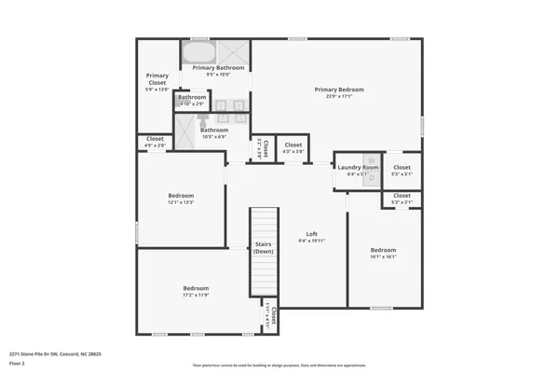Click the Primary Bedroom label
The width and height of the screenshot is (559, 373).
(x=338, y=90)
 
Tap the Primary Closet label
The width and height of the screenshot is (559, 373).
(x=157, y=79)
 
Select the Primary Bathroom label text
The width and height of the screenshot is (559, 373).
(x=218, y=68)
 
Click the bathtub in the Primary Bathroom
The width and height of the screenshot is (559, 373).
(x=197, y=51)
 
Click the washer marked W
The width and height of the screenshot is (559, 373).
(x=371, y=160)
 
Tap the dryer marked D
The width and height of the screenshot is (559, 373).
(x=371, y=177)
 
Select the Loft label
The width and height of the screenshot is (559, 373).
(x=312, y=234)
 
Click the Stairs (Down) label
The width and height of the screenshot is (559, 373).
(x=264, y=247)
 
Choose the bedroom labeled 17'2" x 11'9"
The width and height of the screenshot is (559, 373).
(x=196, y=288)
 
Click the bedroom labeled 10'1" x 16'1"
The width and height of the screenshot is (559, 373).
(x=383, y=250)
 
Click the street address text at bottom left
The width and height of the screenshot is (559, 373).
(x=55, y=353)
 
